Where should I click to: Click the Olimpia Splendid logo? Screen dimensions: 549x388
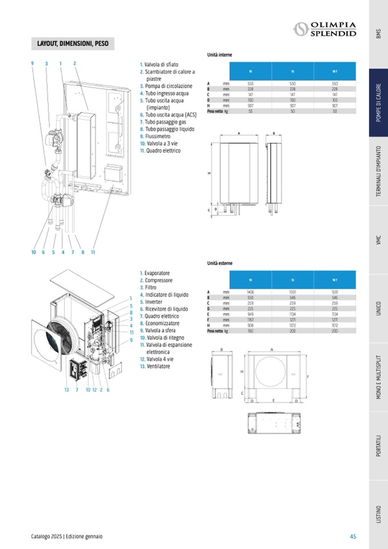324,29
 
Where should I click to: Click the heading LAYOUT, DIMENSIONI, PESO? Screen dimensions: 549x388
72,44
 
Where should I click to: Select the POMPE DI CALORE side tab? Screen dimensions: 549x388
378,103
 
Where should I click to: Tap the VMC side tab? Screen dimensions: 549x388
378,240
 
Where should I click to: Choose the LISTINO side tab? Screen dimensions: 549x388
378,514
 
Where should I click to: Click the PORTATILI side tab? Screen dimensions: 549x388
378,445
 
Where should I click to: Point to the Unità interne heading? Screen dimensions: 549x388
219,55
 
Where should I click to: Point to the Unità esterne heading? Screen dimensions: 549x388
220,263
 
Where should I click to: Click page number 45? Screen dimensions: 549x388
353,536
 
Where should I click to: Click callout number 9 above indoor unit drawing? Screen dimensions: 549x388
33,63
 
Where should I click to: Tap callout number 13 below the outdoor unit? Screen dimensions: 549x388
66,390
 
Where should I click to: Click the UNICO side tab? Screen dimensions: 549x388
378,309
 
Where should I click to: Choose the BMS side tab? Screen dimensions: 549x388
378,34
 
